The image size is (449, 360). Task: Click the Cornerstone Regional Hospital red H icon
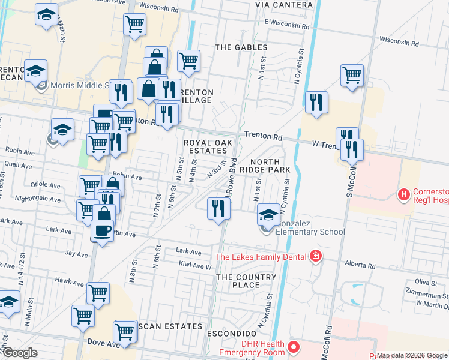pos(404,194)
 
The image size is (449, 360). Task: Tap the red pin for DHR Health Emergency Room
pos(294,347)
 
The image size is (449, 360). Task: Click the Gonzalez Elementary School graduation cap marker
pos(268,214)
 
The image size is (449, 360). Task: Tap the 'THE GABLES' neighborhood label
pos(241,47)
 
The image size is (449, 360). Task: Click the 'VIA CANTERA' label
pos(283,5)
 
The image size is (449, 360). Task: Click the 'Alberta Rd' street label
pos(360,265)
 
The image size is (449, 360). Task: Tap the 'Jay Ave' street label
pos(76,254)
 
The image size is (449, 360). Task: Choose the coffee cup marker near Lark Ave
pos(103,231)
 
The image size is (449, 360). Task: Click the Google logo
pos(20,353)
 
